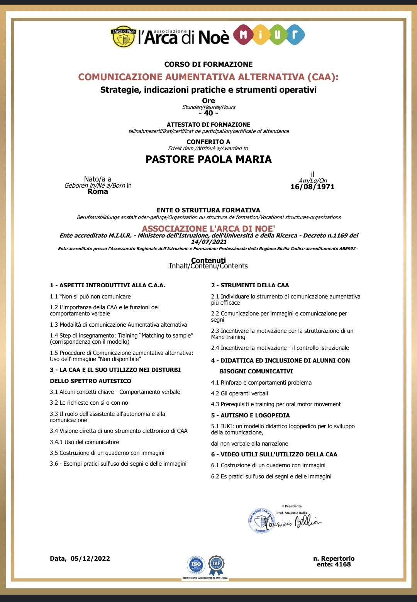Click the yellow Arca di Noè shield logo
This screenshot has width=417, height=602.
123,38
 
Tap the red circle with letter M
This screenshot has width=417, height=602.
244,35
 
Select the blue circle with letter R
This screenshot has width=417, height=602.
295,35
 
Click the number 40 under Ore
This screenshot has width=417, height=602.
208,113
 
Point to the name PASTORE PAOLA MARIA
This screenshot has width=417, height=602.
208,159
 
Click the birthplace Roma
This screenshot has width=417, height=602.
98,192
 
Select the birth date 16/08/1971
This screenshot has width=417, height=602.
312,187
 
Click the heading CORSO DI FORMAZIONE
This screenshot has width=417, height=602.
208,64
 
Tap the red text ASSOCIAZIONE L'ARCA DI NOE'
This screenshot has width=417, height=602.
208,229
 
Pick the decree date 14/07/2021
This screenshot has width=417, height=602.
209,242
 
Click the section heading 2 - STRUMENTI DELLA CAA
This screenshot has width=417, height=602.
250,285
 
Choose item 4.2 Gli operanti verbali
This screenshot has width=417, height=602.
239,393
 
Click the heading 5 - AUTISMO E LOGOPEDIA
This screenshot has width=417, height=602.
250,415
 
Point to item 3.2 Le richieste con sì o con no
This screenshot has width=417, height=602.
89,403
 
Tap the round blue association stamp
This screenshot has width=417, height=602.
261,521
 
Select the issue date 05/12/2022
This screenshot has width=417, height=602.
90,558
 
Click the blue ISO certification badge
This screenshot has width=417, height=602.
196,565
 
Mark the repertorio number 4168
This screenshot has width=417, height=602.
343,565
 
